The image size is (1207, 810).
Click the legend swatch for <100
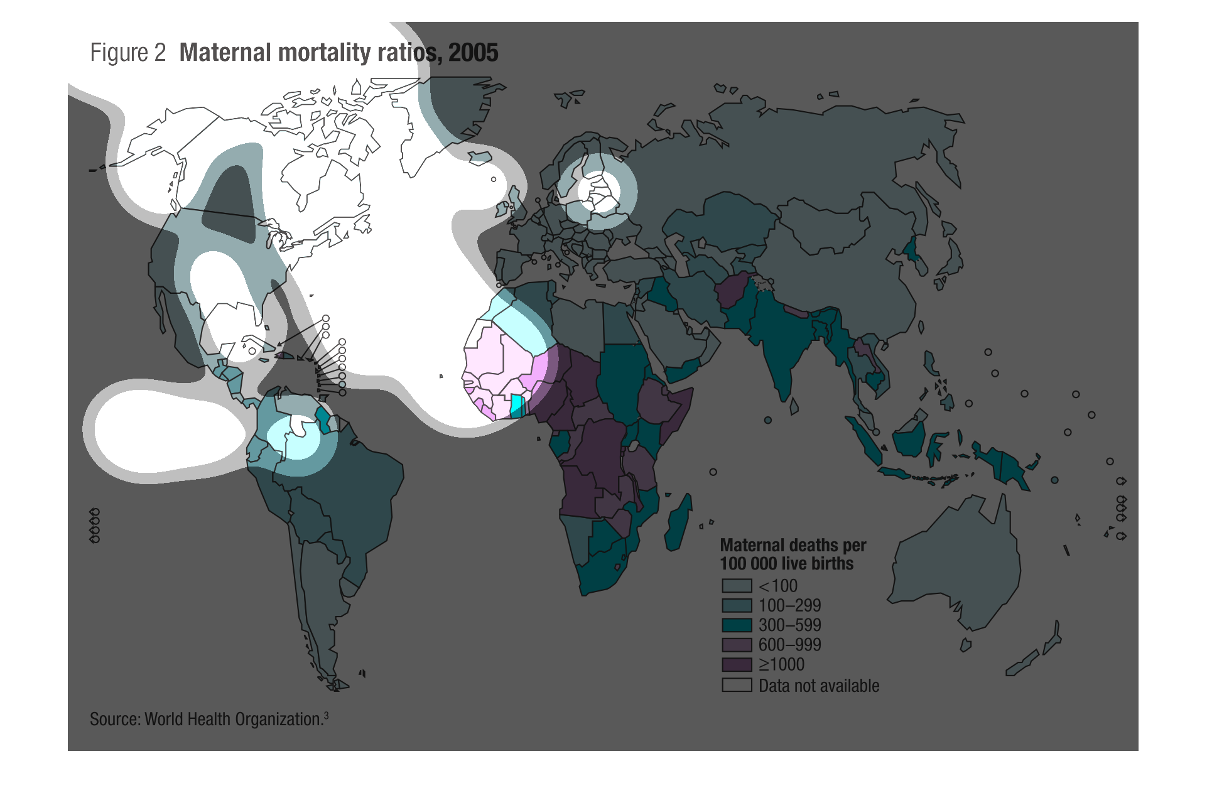[x=737, y=586]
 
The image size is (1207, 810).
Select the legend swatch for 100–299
[x=737, y=605]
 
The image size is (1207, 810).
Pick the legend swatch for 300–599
[x=737, y=625]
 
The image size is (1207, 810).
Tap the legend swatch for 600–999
[x=737, y=645]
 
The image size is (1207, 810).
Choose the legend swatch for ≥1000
[x=737, y=664]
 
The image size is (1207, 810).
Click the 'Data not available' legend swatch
[x=737, y=685]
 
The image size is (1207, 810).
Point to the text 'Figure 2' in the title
[x=127, y=53]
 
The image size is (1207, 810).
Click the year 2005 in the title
[x=473, y=53]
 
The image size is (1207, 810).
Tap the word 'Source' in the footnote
[x=114, y=720]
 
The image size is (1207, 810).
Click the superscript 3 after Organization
[x=326, y=715]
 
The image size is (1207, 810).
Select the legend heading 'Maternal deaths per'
[x=793, y=545]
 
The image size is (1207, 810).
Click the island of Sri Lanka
[x=794, y=407]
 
